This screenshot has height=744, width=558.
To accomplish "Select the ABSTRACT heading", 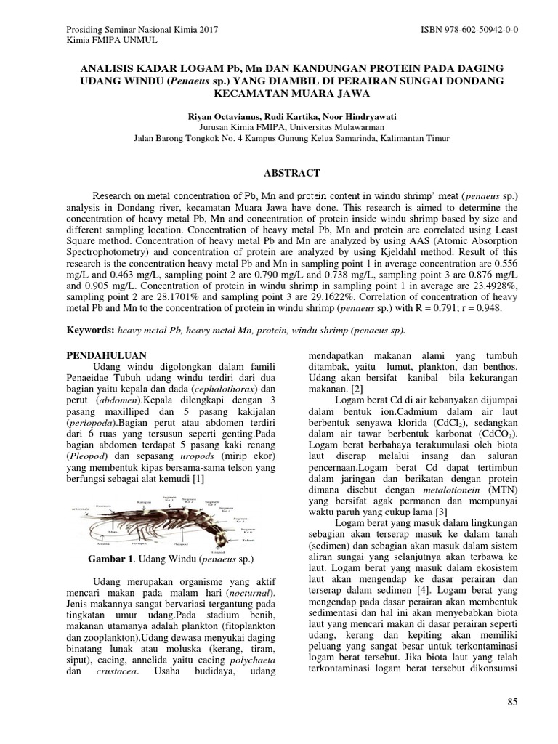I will click(278, 173).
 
